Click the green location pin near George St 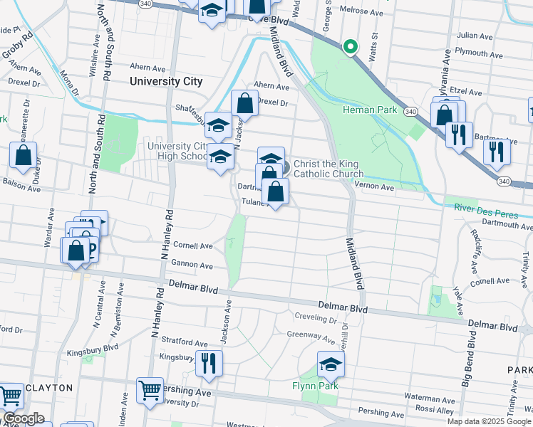coord(350,47)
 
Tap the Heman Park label coord(368,110)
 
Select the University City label coord(166,81)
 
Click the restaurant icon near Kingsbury coord(209,363)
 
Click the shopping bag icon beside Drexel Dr coord(244,103)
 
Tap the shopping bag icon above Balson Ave coord(24,156)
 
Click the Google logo coord(23,418)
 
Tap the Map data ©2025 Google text coord(488,421)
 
